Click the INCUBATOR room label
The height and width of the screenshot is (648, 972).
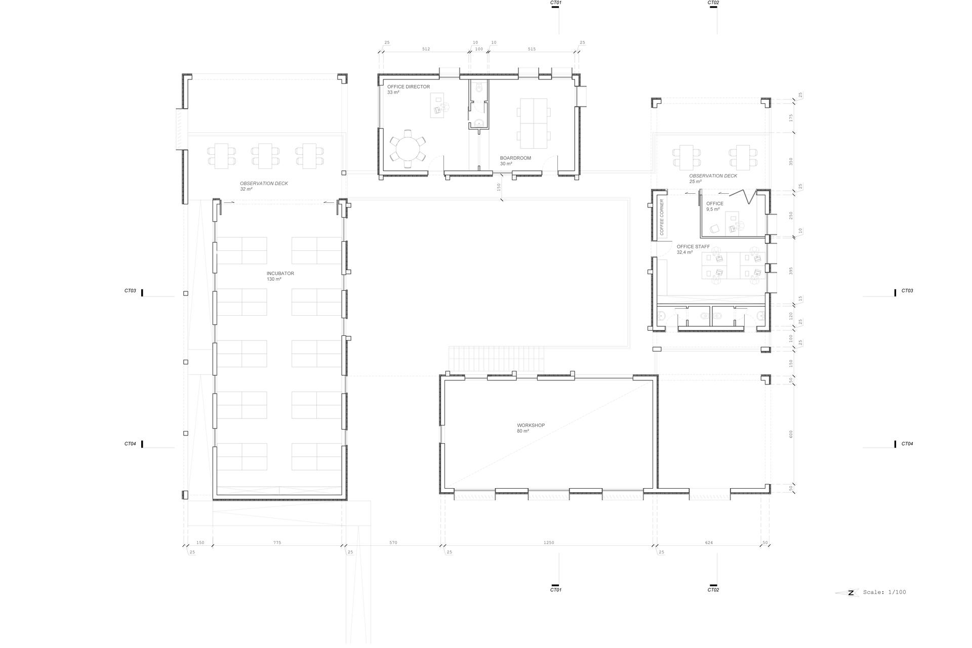pos(280,274)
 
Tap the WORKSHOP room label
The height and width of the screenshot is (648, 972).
pos(531,425)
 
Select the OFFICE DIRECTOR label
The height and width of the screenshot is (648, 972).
pos(409,87)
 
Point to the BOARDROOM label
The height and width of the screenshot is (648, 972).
pos(515,158)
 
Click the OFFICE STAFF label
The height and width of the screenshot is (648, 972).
pos(693,247)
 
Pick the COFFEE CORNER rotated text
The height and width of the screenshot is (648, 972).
pos(662,217)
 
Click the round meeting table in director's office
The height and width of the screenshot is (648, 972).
pos(408,148)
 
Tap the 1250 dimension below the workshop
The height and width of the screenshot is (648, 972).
pos(549,543)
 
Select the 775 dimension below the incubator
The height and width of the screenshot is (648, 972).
pos(277,543)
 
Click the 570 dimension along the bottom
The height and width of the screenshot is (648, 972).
pos(393,543)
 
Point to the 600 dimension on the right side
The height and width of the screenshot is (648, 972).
pos(791,434)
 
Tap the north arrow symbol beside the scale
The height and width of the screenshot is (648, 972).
pos(847,593)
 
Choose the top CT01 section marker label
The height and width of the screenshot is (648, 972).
pos(556,3)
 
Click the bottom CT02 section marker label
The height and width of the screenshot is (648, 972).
pos(713,590)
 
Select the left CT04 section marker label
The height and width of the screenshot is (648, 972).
pos(130,444)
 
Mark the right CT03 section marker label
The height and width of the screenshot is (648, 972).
pos(907,291)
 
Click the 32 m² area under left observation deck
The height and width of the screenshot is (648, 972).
pos(246,189)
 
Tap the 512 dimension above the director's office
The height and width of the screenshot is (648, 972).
pos(426,49)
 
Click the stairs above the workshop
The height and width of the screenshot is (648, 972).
pos(496,359)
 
